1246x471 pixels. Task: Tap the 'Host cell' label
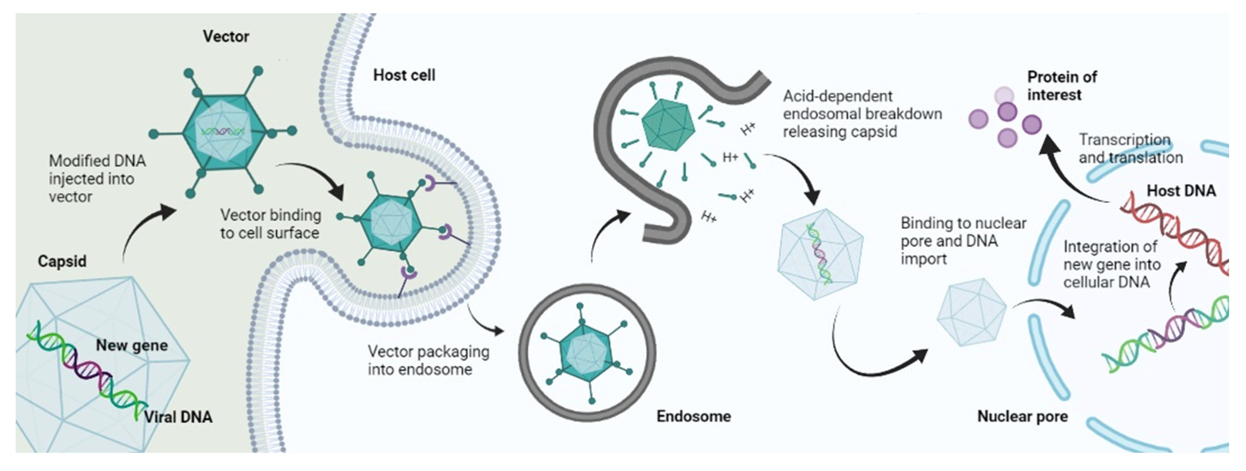[404, 75]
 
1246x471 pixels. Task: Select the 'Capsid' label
[62, 261]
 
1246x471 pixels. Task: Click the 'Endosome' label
[693, 416]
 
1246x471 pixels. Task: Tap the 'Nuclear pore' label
[1022, 416]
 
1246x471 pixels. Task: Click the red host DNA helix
[1175, 232]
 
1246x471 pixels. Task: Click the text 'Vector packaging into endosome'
[428, 360]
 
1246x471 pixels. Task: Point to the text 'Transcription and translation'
[1130, 149]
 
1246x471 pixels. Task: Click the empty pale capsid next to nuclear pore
[971, 312]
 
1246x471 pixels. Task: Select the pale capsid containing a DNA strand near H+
[820, 254]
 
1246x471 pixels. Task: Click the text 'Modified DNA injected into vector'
[97, 179]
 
